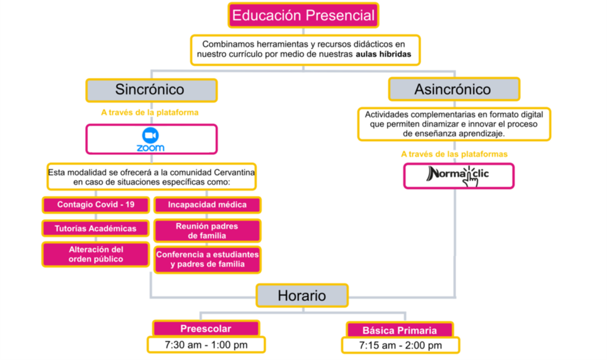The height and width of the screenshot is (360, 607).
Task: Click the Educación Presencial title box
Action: pyautogui.click(x=303, y=15)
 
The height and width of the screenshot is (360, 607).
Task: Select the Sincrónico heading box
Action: pyautogui.click(x=151, y=90)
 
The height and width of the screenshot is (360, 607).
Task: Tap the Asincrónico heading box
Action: pyautogui.click(x=454, y=89)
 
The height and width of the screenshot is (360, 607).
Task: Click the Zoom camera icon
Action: pyautogui.click(x=150, y=135)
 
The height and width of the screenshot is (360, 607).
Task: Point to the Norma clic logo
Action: pyautogui.click(x=458, y=176)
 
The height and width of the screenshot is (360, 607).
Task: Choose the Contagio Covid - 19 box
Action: pyautogui.click(x=95, y=205)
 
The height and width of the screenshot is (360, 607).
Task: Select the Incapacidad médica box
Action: pyautogui.click(x=207, y=205)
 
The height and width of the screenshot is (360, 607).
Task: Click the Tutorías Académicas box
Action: pyautogui.click(x=95, y=229)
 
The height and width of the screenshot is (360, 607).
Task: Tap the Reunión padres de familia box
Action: pyautogui.click(x=207, y=231)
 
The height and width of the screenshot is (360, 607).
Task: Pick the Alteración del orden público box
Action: pyautogui.click(x=95, y=254)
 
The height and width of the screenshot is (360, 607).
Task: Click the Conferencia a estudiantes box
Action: pyautogui.click(x=207, y=260)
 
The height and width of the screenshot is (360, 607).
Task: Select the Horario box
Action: pyautogui.click(x=302, y=296)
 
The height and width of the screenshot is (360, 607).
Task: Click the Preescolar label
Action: pyautogui.click(x=206, y=329)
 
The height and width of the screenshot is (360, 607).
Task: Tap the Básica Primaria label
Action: pyautogui.click(x=400, y=330)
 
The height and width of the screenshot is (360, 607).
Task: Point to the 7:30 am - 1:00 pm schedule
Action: pyautogui.click(x=206, y=345)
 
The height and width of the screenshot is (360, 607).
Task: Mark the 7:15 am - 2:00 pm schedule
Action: pyautogui.click(x=400, y=345)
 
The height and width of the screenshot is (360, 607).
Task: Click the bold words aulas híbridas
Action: pyautogui.click(x=384, y=54)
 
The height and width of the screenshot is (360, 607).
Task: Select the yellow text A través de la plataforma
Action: pyautogui.click(x=150, y=112)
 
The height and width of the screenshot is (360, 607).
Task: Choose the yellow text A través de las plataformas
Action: pyautogui.click(x=454, y=154)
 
